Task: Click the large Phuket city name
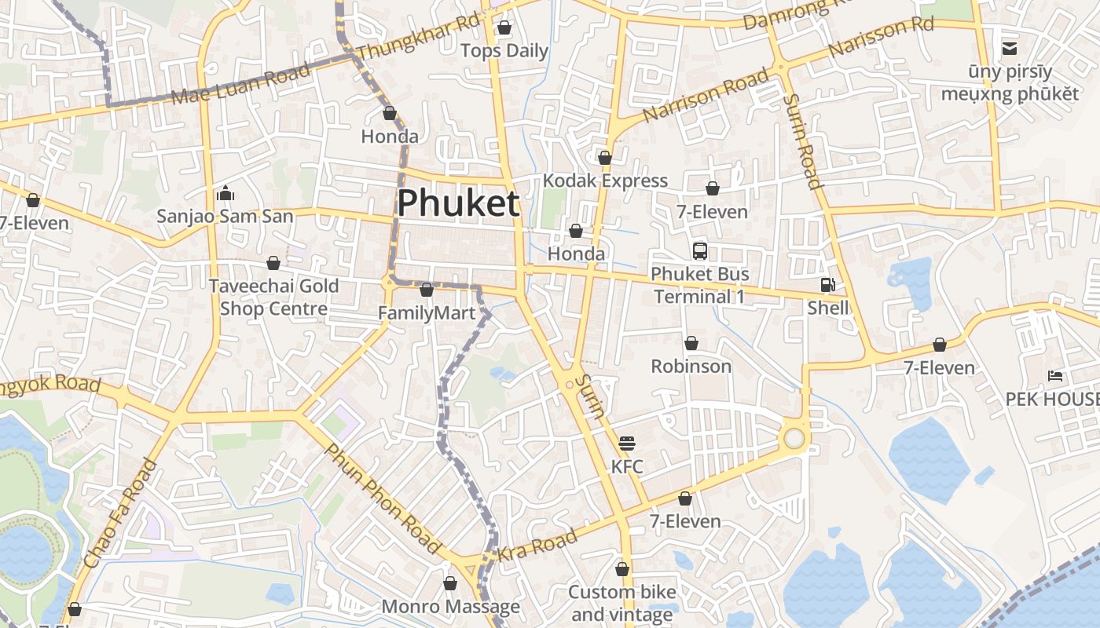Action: pos(457,203)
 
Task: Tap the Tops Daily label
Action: pos(504,51)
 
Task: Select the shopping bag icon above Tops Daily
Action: pos(504,28)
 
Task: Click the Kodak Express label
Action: pos(605,181)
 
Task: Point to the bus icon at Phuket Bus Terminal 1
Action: pos(699,251)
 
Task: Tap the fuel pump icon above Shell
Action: pos(827,285)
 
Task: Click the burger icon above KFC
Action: pos(626,444)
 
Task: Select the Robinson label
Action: pos(691,366)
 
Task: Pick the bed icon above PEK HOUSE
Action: pos(1055,376)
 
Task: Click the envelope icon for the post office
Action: pos(1009,49)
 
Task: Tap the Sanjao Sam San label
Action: pos(225,216)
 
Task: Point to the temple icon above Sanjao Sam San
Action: pos(225,192)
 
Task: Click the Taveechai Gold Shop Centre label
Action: pos(273,297)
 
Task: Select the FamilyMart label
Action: pos(427,313)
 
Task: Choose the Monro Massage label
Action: pos(450,606)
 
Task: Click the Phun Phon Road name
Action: pos(383,498)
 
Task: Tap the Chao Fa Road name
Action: pos(120,514)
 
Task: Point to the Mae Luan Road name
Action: pos(240,85)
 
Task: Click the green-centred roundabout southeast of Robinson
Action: pos(794,437)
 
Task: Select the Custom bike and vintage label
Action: pos(621,603)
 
